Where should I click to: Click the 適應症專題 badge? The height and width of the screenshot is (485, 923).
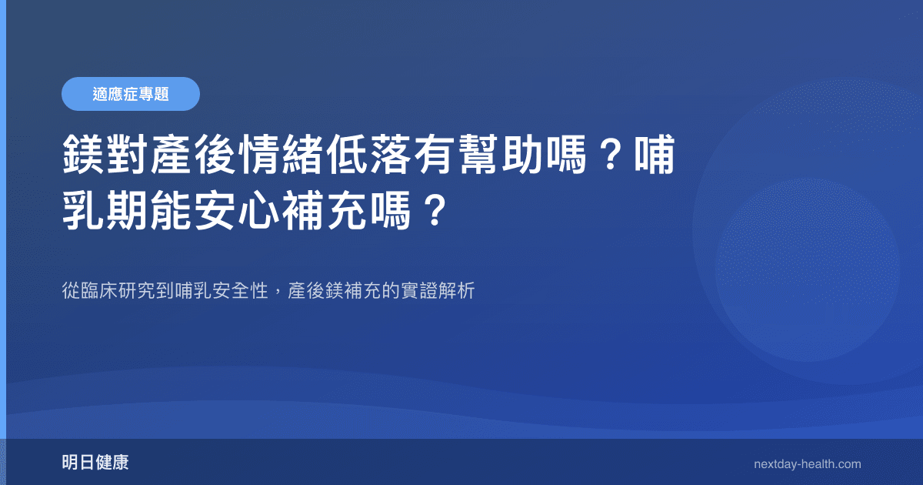131,94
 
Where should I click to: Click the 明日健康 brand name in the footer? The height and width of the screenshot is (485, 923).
95,463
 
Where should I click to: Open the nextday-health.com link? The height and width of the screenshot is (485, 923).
807,464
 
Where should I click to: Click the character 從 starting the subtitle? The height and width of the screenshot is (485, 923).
70,292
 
